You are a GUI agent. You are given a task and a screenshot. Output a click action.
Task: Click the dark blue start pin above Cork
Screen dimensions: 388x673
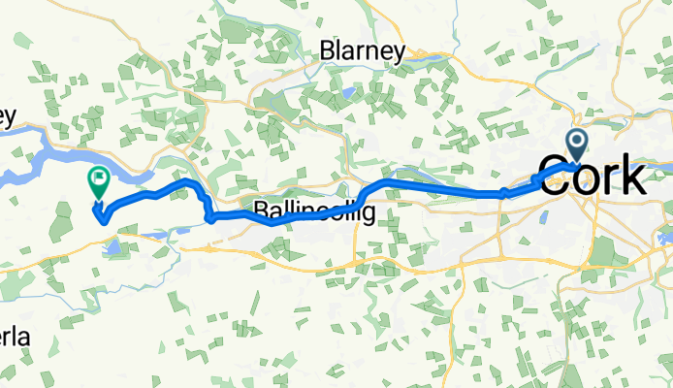point(577,145)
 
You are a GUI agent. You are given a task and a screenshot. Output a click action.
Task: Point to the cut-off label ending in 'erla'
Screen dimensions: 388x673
point(15,338)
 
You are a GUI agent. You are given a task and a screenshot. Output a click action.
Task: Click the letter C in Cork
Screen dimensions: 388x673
point(554,179)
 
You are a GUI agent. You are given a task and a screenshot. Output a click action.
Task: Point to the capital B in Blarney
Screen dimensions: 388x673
point(329,51)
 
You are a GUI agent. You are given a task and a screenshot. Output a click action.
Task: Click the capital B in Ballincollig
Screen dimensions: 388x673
point(262,209)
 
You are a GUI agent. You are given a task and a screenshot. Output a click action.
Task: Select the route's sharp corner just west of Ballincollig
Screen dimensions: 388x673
point(210,218)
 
